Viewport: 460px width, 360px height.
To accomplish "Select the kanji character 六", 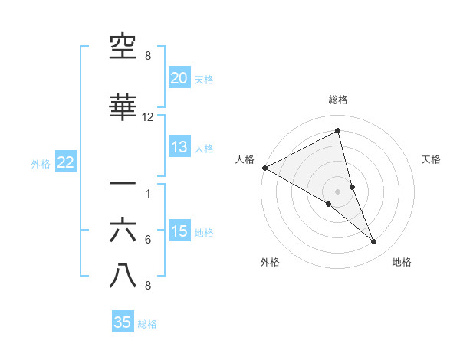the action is click(x=123, y=231).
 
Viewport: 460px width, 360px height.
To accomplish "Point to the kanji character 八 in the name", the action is click(x=123, y=277).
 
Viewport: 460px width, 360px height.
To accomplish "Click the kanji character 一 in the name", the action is click(x=123, y=184).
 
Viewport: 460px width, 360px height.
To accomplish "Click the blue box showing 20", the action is click(x=179, y=78).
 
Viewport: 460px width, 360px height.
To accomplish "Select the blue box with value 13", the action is click(x=179, y=147).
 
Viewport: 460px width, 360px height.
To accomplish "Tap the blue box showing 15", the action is click(x=179, y=231).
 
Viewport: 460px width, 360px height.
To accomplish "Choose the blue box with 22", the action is click(x=65, y=162).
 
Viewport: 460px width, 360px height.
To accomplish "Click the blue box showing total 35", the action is click(x=123, y=322).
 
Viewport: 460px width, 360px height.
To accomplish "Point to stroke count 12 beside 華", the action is click(x=148, y=117).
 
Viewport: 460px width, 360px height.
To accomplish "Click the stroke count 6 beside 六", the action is click(x=148, y=240).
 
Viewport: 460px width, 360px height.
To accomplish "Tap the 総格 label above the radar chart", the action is click(x=337, y=100).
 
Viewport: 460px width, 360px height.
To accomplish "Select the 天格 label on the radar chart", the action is click(x=432, y=159).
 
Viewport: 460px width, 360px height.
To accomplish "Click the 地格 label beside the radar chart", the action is click(x=402, y=262).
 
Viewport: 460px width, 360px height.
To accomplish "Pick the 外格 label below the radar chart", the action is click(x=270, y=262).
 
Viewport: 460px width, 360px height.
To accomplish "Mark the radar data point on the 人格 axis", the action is click(x=264, y=168).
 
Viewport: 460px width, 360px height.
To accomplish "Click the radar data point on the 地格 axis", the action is click(x=374, y=242).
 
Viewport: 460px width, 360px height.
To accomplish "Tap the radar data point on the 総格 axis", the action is click(x=337, y=131).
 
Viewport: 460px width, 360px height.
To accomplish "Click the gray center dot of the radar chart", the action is click(x=337, y=191).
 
